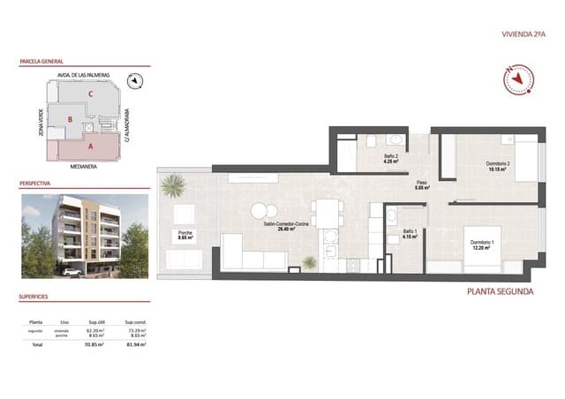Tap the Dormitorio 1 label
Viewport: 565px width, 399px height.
(x=481, y=243)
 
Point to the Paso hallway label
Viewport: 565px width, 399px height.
(x=422, y=184)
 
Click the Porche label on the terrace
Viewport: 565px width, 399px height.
(x=185, y=235)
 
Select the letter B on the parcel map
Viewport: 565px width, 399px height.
(x=71, y=118)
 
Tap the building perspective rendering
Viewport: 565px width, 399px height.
(x=85, y=232)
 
